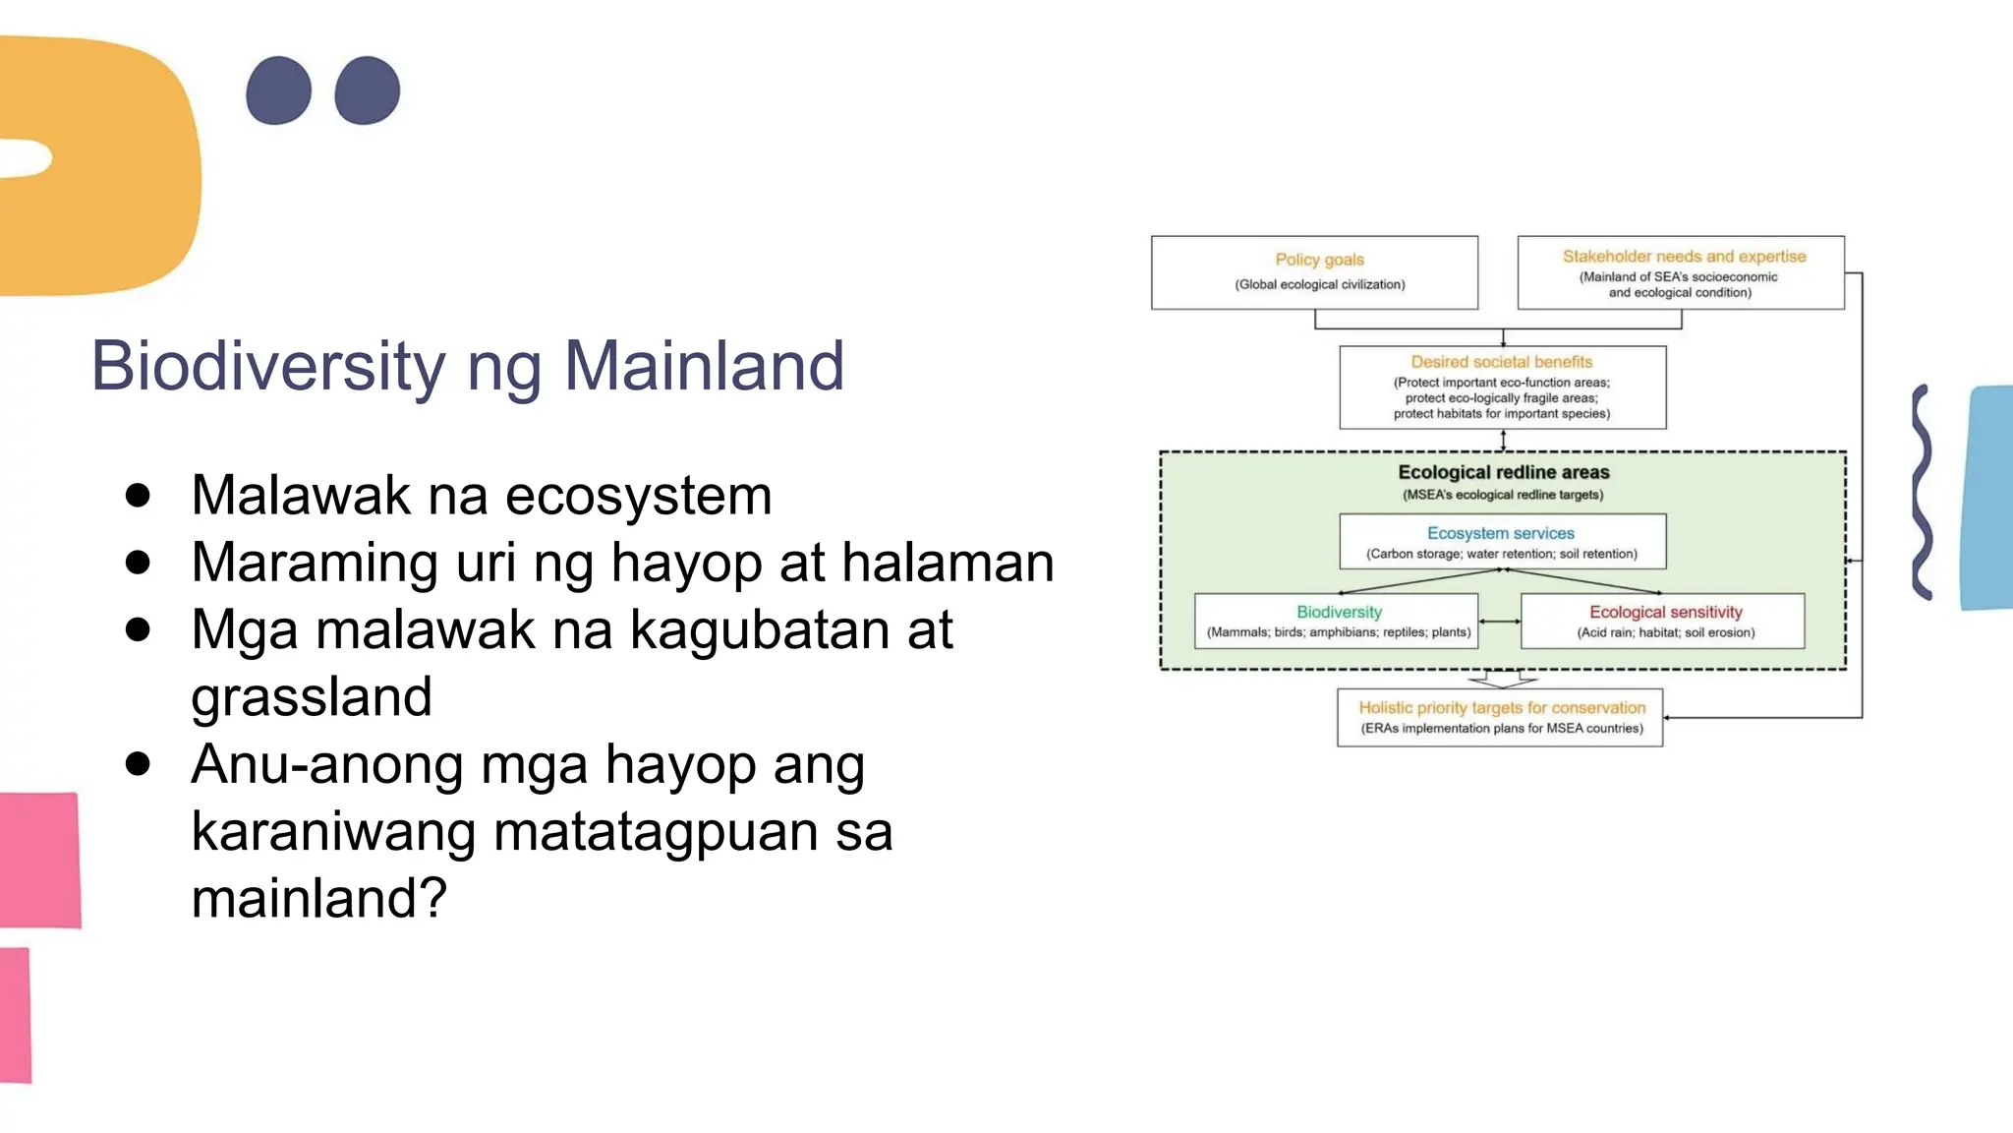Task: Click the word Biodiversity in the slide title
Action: pyautogui.click(x=268, y=366)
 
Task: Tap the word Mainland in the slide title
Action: pyautogui.click(x=703, y=366)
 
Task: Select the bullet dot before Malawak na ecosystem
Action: pyautogui.click(x=139, y=495)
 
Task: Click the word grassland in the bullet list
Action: pyautogui.click(x=312, y=696)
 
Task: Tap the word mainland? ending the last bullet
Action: pyautogui.click(x=318, y=898)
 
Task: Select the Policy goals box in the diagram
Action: pyautogui.click(x=1314, y=272)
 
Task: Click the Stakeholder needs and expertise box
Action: pyautogui.click(x=1680, y=272)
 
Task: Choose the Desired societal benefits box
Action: pyautogui.click(x=1502, y=387)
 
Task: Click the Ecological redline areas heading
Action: pyautogui.click(x=1503, y=473)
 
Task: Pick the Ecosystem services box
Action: pyautogui.click(x=1502, y=541)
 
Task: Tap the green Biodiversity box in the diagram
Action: pyautogui.click(x=1337, y=621)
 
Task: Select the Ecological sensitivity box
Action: pyautogui.click(x=1663, y=621)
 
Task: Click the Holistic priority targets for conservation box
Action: pyautogui.click(x=1500, y=717)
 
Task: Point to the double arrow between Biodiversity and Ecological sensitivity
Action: pyautogui.click(x=1499, y=622)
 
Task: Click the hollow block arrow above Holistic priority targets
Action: pyautogui.click(x=1502, y=679)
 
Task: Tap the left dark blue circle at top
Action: pyautogui.click(x=279, y=90)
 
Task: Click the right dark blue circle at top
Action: pyautogui.click(x=368, y=90)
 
